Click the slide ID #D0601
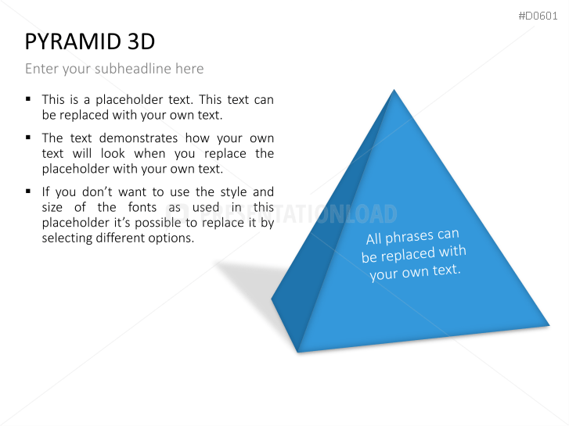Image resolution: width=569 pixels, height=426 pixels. click(x=538, y=16)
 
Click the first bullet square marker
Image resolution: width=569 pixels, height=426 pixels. click(x=28, y=99)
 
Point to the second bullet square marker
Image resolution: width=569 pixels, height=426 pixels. click(x=28, y=137)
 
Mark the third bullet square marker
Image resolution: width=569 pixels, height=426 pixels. click(x=28, y=191)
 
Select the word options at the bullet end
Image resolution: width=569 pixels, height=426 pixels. click(x=171, y=238)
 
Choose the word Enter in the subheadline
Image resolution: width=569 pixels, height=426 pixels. click(x=41, y=69)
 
